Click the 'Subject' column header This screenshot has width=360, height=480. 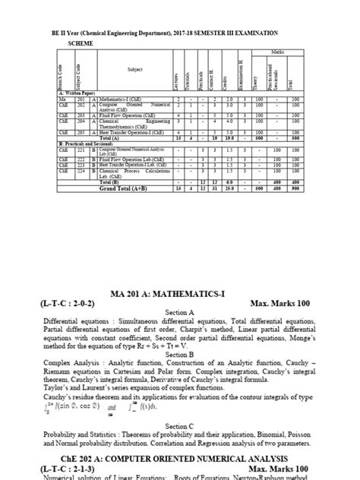tap(125, 69)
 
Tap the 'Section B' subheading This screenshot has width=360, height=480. tap(180, 355)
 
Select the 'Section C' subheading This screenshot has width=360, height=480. tap(180, 427)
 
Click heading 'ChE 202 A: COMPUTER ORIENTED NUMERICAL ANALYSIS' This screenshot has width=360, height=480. tap(180, 458)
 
